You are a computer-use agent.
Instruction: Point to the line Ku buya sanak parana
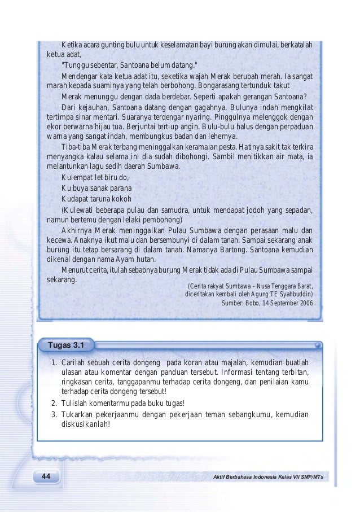(96, 189)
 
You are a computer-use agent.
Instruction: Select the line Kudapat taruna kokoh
(96, 199)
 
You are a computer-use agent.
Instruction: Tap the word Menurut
(76, 270)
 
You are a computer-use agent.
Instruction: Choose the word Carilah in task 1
(73, 362)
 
